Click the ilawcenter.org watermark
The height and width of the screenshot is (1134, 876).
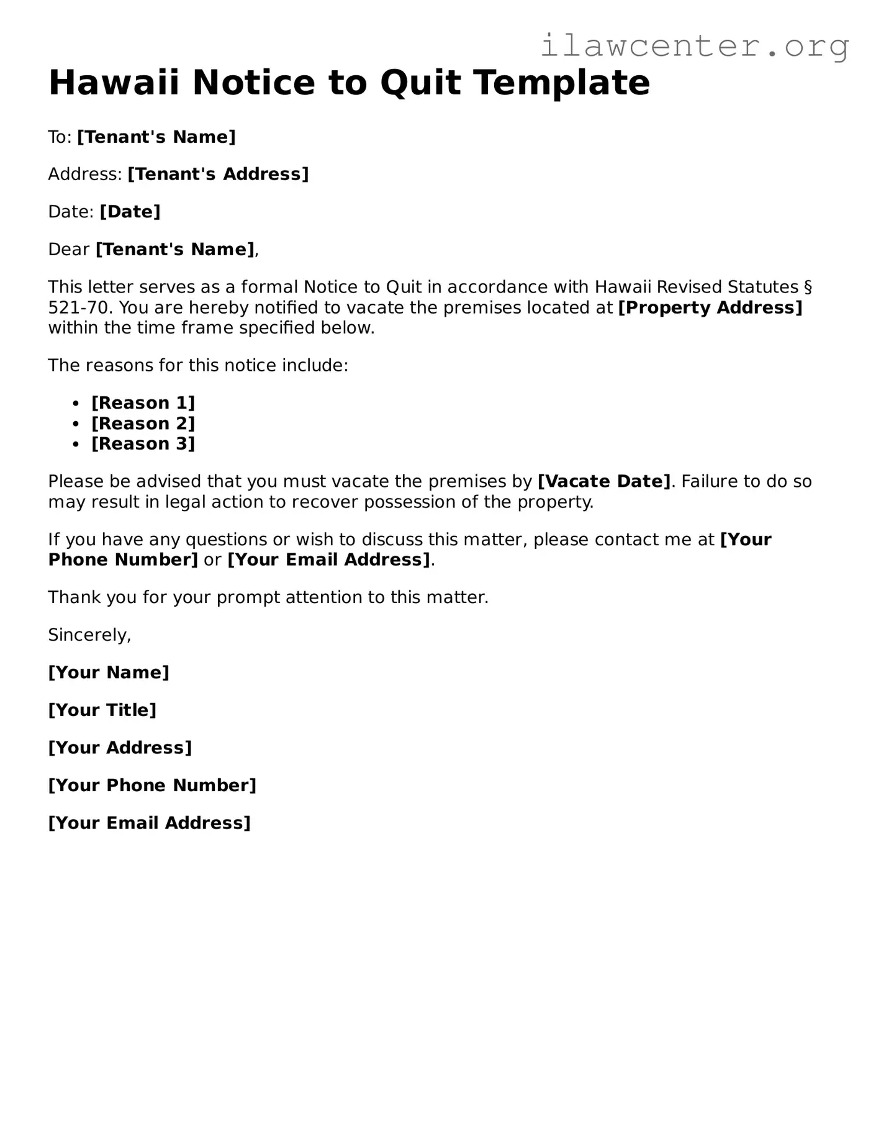(x=694, y=46)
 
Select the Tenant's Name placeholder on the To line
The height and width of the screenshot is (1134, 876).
(x=156, y=137)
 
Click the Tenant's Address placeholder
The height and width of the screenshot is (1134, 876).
(x=218, y=175)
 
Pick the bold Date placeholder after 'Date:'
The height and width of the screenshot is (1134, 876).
(x=130, y=212)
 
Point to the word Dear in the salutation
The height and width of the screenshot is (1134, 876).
(x=69, y=250)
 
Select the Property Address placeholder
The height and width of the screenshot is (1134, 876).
(x=710, y=308)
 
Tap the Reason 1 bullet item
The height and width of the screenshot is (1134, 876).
(x=143, y=403)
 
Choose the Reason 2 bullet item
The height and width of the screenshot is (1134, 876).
(x=143, y=424)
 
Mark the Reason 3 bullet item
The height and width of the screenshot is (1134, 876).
(x=143, y=444)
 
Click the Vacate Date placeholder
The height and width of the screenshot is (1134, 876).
(x=604, y=482)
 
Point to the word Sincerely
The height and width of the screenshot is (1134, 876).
(x=89, y=635)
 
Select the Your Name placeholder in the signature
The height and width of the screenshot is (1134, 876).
(x=109, y=673)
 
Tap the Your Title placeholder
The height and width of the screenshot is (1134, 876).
(x=102, y=710)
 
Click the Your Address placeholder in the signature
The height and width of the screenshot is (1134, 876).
(x=120, y=748)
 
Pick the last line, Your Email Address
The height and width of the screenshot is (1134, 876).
(x=150, y=823)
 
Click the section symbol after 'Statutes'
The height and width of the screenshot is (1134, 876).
(x=808, y=288)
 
